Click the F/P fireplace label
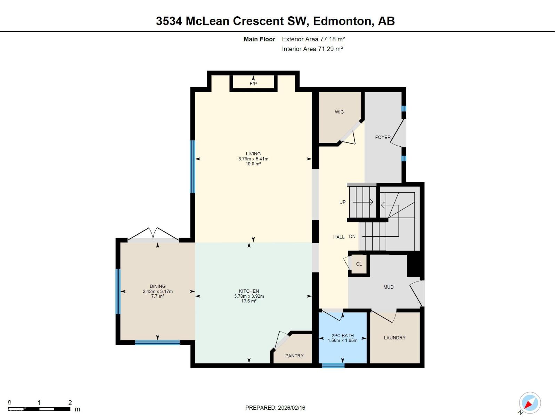tap(253, 84)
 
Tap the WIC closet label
tap(339, 112)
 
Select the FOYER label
tap(383, 137)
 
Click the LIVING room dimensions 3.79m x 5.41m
tap(253, 159)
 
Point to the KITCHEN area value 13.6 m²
tap(249, 301)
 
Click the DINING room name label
tap(157, 286)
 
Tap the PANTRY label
tap(294, 356)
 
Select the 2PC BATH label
tap(342, 335)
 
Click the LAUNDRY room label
tap(394, 338)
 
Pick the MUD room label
tap(388, 287)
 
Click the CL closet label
tap(359, 264)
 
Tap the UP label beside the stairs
tap(342, 202)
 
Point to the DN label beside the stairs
tap(352, 237)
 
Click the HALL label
tap(338, 237)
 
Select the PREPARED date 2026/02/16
tap(291, 408)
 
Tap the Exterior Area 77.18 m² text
tap(313, 39)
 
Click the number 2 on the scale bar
tap(70, 402)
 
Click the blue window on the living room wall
tap(192, 167)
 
